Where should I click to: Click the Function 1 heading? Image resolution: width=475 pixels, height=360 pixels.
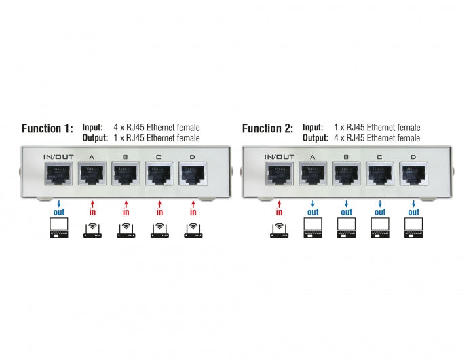[47, 129]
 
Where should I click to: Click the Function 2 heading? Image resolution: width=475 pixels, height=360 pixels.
[267, 129]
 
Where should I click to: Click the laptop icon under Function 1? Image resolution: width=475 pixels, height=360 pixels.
[58, 231]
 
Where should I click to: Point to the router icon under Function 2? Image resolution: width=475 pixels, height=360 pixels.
[279, 231]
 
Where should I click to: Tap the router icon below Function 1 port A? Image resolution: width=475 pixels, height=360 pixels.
[92, 231]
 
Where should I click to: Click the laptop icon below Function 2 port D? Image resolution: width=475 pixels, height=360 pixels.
[413, 231]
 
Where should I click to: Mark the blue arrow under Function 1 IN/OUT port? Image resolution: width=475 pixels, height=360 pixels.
[58, 202]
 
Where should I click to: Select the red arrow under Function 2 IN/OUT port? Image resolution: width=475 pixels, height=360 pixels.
[279, 202]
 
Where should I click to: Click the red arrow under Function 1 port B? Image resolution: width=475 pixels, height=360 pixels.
[126, 202]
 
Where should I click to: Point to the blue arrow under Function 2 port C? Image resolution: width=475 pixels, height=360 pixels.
[380, 202]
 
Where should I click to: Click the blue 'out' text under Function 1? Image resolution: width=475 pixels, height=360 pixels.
[58, 212]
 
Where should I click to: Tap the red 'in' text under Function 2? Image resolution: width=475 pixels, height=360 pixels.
[279, 212]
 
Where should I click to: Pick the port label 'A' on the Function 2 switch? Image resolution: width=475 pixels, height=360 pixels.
[312, 157]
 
